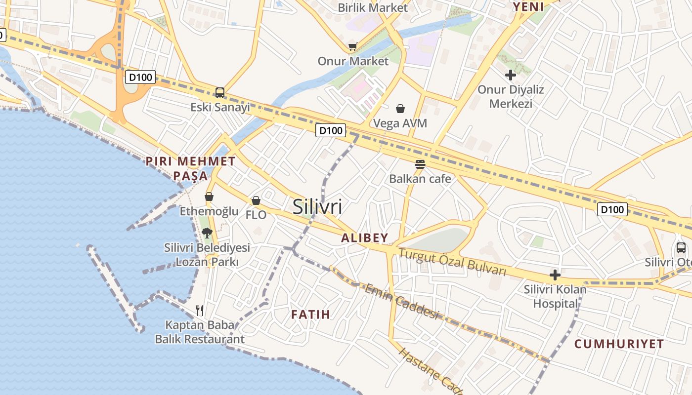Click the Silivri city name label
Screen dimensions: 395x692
click(x=317, y=206)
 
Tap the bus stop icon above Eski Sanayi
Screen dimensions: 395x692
click(x=220, y=92)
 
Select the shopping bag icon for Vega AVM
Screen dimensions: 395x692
click(x=400, y=108)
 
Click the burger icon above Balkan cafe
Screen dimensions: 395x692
click(x=420, y=164)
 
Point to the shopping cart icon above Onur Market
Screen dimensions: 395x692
click(x=352, y=46)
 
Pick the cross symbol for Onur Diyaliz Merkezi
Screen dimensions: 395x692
click(x=511, y=75)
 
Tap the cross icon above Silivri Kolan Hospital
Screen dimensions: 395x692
click(x=555, y=275)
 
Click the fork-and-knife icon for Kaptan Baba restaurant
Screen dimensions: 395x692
click(x=200, y=310)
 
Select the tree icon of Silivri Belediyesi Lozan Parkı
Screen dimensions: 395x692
click(x=207, y=233)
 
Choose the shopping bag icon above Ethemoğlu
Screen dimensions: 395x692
click(x=209, y=197)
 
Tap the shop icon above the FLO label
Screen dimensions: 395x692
click(x=256, y=200)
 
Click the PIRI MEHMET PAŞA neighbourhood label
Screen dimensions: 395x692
click(x=191, y=168)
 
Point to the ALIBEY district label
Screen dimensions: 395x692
click(x=365, y=238)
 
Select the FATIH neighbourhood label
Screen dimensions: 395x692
click(x=310, y=315)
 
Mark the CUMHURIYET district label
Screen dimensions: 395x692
click(x=619, y=344)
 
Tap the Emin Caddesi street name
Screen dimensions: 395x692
click(x=402, y=301)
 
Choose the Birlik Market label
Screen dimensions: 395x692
click(x=373, y=8)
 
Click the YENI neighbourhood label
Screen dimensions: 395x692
click(x=528, y=7)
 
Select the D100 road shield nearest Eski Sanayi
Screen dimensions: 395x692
click(x=141, y=77)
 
